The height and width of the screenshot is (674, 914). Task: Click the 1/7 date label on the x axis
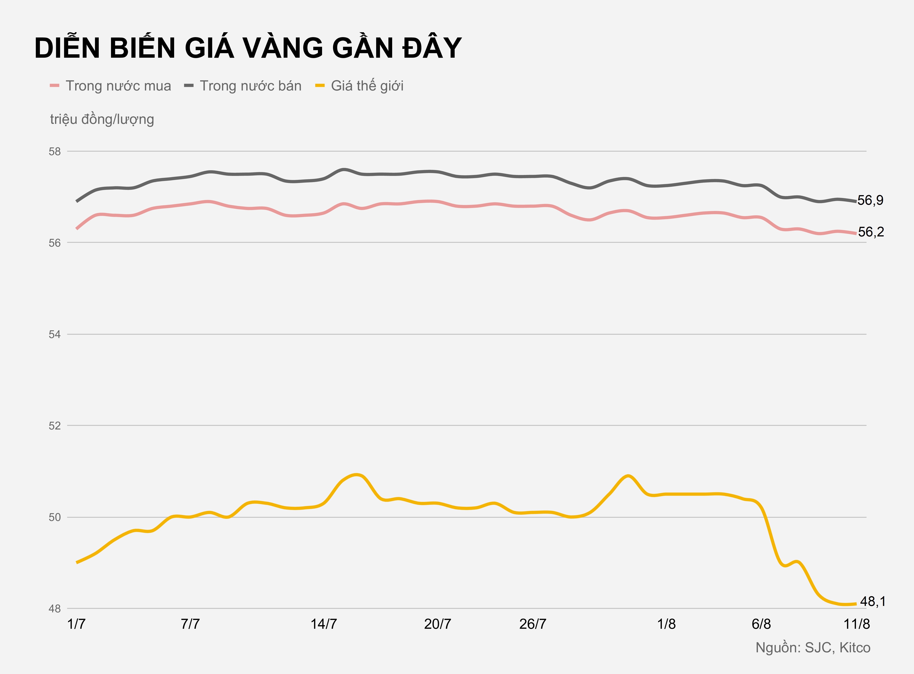click(x=76, y=624)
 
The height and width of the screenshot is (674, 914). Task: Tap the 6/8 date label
click(x=761, y=624)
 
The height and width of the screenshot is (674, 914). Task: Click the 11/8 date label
click(x=857, y=624)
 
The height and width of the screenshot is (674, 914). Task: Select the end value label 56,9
click(x=870, y=200)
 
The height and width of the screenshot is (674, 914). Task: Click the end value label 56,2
click(x=871, y=232)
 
